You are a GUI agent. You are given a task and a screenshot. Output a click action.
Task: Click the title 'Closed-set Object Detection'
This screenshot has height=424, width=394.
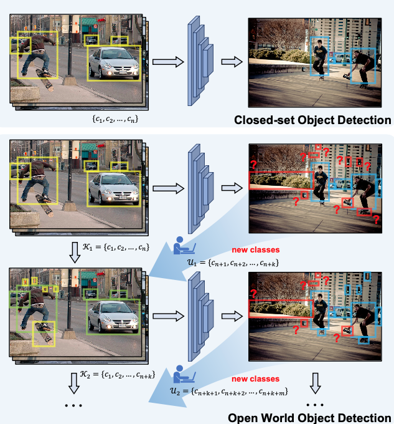312,120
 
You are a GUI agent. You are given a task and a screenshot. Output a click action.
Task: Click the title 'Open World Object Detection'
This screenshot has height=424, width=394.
309,417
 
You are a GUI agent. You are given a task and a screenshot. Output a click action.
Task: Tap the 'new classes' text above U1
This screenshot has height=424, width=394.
256,249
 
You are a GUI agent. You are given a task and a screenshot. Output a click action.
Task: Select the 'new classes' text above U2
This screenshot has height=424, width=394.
256,378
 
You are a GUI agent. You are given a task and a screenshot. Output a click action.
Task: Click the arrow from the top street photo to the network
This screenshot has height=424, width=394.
168,61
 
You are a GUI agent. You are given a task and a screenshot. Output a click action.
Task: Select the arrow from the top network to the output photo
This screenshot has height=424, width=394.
232,61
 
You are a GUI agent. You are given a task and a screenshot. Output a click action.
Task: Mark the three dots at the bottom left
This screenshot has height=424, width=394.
74,407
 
